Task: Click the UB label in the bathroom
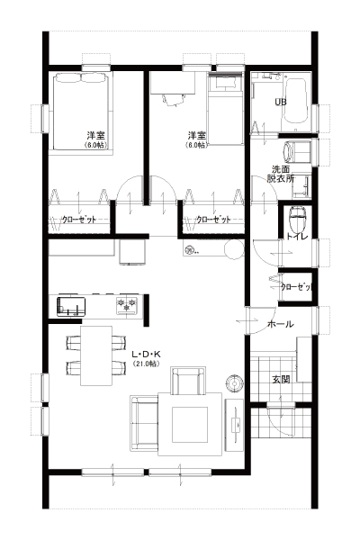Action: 281,102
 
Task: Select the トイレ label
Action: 297,236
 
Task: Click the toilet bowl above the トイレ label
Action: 297,219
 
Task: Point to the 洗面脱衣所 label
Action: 281,174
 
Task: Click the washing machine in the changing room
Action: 297,153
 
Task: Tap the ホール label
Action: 281,324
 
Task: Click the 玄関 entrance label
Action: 281,380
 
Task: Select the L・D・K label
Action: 147,354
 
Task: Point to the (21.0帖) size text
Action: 147,364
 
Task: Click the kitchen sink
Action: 71,306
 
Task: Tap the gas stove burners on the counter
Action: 127,305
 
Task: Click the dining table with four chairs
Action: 96,355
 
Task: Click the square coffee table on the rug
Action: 190,425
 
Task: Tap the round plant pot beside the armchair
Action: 235,383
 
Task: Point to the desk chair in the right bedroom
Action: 173,100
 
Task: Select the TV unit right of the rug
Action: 234,424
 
